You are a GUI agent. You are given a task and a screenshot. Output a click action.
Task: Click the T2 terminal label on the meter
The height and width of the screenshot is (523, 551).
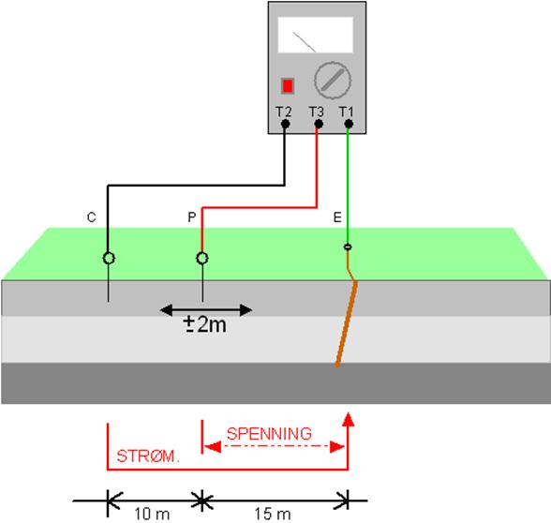pyautogui.click(x=283, y=112)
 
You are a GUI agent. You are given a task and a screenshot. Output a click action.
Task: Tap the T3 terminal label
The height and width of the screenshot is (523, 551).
pyautogui.click(x=317, y=112)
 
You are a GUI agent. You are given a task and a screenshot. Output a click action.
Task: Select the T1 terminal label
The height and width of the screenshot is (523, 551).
pyautogui.click(x=346, y=112)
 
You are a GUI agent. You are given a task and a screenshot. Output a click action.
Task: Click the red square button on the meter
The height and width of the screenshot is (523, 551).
pyautogui.click(x=288, y=85)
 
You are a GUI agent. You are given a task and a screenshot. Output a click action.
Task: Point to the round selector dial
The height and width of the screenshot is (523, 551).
pyautogui.click(x=332, y=81)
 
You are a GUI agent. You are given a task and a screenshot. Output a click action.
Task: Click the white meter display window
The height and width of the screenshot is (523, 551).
pyautogui.click(x=315, y=35)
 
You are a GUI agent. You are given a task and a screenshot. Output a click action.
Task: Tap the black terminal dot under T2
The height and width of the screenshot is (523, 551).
pyautogui.click(x=285, y=124)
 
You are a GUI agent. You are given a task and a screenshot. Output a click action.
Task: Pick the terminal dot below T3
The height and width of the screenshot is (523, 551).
pyautogui.click(x=319, y=124)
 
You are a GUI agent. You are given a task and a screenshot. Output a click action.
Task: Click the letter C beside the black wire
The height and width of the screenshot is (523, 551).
pyautogui.click(x=92, y=217)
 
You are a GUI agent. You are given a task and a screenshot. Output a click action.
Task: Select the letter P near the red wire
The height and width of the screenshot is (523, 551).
pyautogui.click(x=192, y=217)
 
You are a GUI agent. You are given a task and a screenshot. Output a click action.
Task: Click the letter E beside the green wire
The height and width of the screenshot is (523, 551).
pyautogui.click(x=337, y=217)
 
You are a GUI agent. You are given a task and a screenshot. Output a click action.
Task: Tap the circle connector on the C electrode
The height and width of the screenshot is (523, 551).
pyautogui.click(x=109, y=258)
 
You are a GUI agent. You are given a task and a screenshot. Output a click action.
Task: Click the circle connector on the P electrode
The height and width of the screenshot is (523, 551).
pyautogui.click(x=202, y=258)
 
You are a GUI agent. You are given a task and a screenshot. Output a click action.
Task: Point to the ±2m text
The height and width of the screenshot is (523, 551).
pyautogui.click(x=205, y=324)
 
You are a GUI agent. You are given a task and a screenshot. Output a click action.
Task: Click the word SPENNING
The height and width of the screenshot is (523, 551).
pyautogui.click(x=269, y=434)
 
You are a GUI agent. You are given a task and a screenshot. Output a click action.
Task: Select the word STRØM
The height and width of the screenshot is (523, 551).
pyautogui.click(x=148, y=456)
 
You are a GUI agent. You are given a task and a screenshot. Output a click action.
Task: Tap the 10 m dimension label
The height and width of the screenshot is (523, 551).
pyautogui.click(x=152, y=515)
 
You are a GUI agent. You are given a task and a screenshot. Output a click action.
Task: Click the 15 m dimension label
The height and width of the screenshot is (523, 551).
pyautogui.click(x=273, y=515)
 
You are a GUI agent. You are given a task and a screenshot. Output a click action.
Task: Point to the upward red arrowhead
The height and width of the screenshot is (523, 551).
pyautogui.click(x=348, y=419)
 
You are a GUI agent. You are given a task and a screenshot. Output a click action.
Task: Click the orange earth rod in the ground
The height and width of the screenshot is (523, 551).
pyautogui.click(x=347, y=323)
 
